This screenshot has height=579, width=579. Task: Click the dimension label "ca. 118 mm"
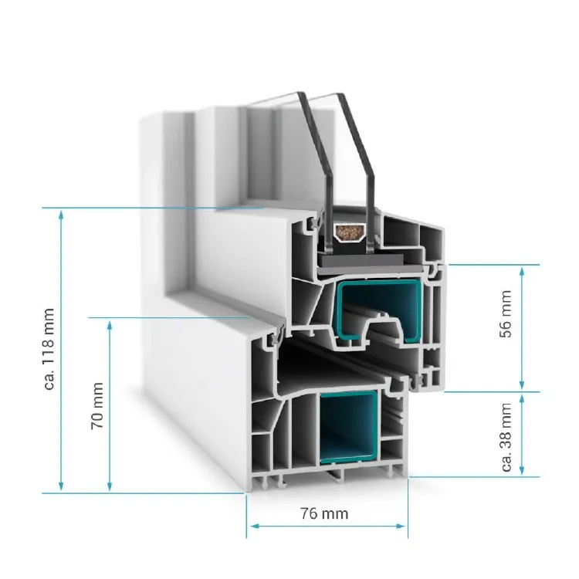point(49,349)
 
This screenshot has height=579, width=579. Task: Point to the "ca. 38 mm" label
point(506,436)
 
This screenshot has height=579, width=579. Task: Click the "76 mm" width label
point(323,513)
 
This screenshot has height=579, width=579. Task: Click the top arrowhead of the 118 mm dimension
point(63,213)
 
